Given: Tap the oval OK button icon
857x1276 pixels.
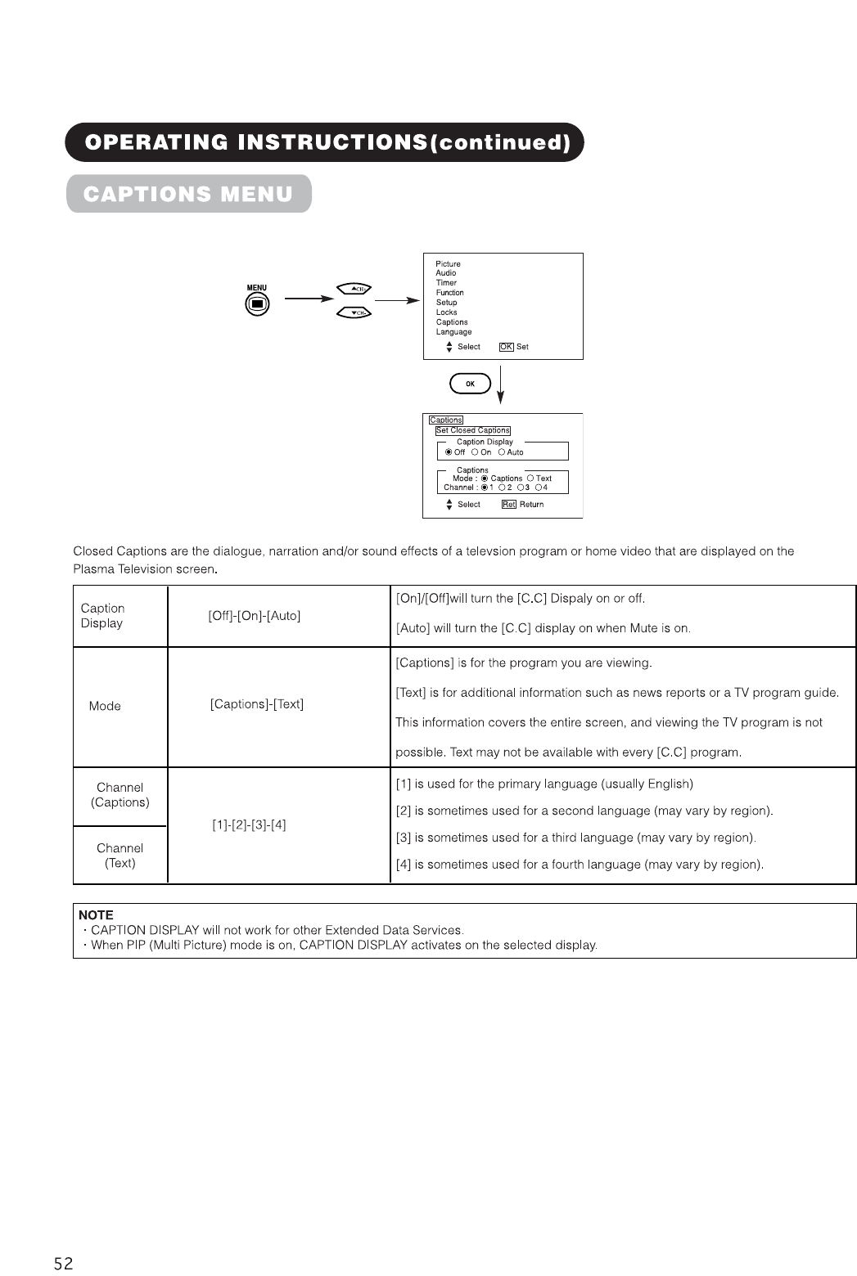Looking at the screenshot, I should pyautogui.click(x=470, y=384).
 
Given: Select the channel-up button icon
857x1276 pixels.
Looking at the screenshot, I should pyautogui.click(x=354, y=289).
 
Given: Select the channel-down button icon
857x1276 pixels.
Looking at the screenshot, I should pyautogui.click(x=354, y=312).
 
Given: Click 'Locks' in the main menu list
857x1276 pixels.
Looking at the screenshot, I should pyautogui.click(x=446, y=312).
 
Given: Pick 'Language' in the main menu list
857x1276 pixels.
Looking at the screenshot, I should pyautogui.click(x=453, y=332).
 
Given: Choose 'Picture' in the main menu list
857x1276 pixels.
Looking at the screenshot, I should pyautogui.click(x=448, y=264).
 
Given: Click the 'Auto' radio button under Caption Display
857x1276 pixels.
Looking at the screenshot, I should pyautogui.click(x=501, y=452).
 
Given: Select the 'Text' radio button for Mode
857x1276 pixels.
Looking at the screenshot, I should pyautogui.click(x=530, y=478).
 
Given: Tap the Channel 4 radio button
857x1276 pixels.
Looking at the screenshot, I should pyautogui.click(x=538, y=487).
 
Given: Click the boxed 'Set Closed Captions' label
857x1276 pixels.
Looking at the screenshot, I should pyautogui.click(x=472, y=430).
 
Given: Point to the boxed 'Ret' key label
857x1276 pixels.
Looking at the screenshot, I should pyautogui.click(x=508, y=505).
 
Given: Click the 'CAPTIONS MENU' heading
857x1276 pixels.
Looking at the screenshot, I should pyautogui.click(x=188, y=194).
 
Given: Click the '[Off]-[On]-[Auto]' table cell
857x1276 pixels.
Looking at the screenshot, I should pyautogui.click(x=255, y=616).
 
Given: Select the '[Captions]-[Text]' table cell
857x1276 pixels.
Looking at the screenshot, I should pyautogui.click(x=257, y=704).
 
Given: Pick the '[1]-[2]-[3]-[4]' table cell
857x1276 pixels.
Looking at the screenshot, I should pyautogui.click(x=249, y=824).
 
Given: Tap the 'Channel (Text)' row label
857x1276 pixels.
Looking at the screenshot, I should pyautogui.click(x=120, y=856).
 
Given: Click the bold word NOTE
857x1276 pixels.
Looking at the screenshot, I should pyautogui.click(x=96, y=915).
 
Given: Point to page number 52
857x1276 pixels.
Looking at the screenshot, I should pyautogui.click(x=63, y=1264).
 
